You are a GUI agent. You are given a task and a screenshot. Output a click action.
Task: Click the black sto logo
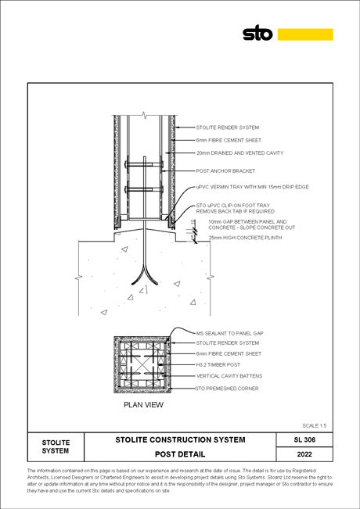(x=257, y=33)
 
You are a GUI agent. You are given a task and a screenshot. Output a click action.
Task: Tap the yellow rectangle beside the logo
(x=305, y=34)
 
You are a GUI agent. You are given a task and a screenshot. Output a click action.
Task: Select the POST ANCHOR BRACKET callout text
(x=225, y=170)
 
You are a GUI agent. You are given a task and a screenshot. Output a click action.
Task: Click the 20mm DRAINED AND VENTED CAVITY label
(x=239, y=153)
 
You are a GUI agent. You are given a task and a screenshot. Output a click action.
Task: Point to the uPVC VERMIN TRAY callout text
(x=253, y=187)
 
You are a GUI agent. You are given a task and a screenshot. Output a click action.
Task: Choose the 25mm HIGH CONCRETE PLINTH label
(x=245, y=238)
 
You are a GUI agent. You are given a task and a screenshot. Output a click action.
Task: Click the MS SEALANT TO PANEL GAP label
(x=230, y=333)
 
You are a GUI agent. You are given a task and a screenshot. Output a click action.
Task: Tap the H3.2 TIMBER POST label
(x=218, y=365)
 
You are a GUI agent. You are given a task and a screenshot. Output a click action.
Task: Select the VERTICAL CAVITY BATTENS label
(x=229, y=376)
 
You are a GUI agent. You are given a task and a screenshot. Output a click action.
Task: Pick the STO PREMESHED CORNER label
(x=227, y=389)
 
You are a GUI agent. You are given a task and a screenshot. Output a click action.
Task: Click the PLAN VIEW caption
(x=144, y=405)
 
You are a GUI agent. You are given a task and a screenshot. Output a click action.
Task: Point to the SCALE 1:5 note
(x=315, y=425)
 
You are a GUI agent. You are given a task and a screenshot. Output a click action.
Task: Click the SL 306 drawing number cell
(x=304, y=440)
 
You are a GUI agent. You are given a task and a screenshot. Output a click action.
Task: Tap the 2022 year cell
(x=304, y=454)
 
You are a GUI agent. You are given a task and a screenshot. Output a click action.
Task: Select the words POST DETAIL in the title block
(x=180, y=454)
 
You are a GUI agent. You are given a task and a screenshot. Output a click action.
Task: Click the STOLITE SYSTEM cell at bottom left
(x=56, y=446)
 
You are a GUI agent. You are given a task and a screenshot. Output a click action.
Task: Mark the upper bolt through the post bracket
(x=144, y=164)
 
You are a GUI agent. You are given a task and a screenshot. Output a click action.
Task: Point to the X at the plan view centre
(x=142, y=365)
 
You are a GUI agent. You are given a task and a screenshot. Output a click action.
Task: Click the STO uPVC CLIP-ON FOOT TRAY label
(x=236, y=209)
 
